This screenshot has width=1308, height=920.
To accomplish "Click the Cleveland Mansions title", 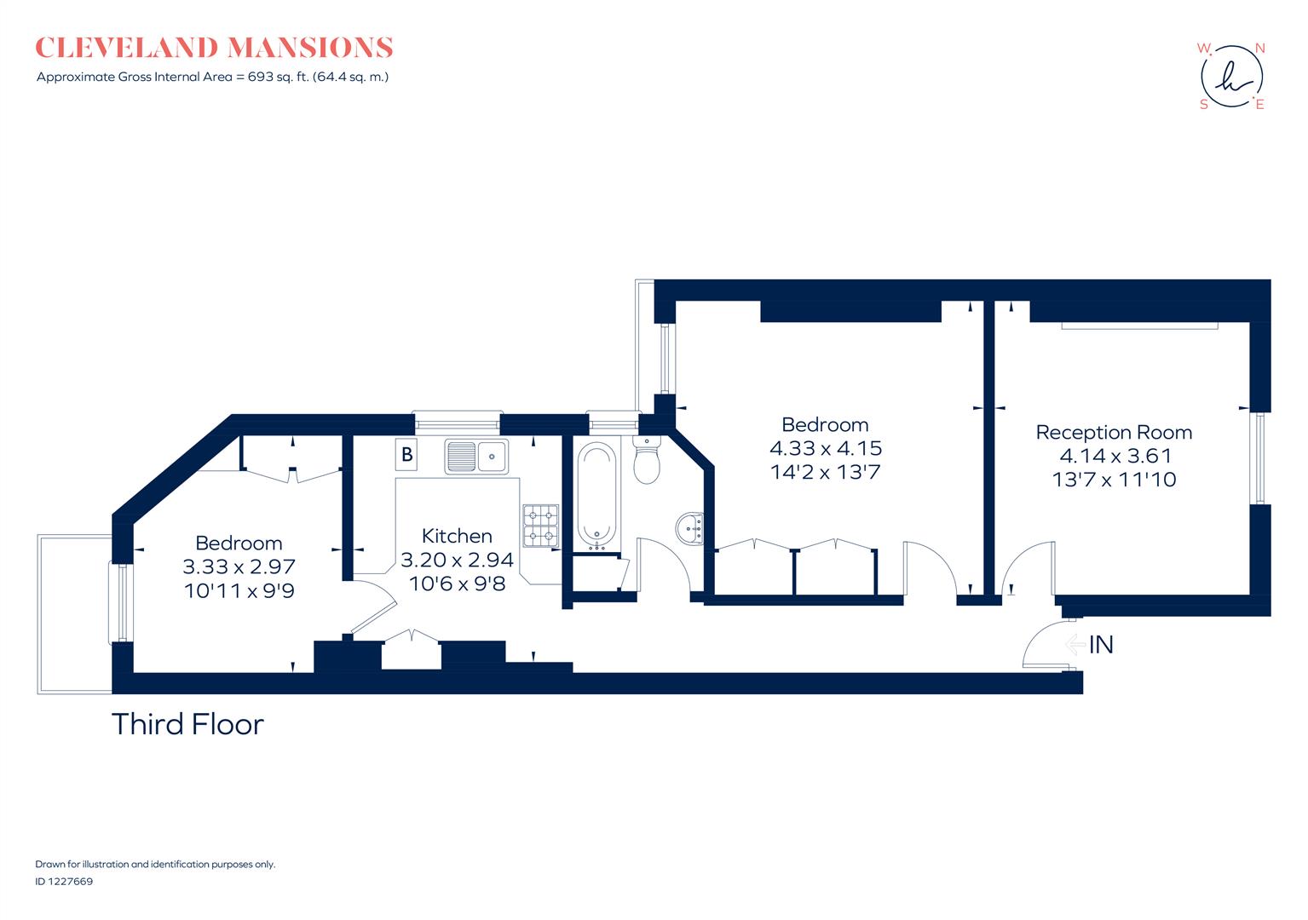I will [x=214, y=48].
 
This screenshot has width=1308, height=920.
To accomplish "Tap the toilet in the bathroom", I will [x=648, y=462].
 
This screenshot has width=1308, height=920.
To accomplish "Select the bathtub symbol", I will [x=596, y=495].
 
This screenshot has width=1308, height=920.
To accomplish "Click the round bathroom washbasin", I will [x=689, y=528].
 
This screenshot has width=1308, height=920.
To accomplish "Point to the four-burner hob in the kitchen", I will [x=540, y=525].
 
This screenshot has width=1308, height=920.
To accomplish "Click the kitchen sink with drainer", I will [x=475, y=457].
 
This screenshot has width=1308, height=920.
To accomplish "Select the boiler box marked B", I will [x=407, y=454].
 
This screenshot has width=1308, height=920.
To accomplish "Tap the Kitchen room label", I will [x=457, y=536].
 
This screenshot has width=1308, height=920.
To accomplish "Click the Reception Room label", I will [x=1114, y=432].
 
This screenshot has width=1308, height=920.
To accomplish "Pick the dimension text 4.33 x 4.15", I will [x=825, y=448].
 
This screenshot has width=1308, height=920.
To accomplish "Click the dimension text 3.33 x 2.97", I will [x=239, y=566].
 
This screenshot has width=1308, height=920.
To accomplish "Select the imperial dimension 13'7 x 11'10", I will [x=1114, y=480].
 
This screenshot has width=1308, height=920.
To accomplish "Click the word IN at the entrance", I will [x=1101, y=645].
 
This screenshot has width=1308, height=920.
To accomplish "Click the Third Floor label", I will [x=187, y=724].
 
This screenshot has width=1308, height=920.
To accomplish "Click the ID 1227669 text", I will [x=64, y=882].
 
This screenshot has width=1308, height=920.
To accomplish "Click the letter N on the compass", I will [x=1259, y=49].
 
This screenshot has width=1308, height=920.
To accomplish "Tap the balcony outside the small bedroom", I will [x=73, y=613].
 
